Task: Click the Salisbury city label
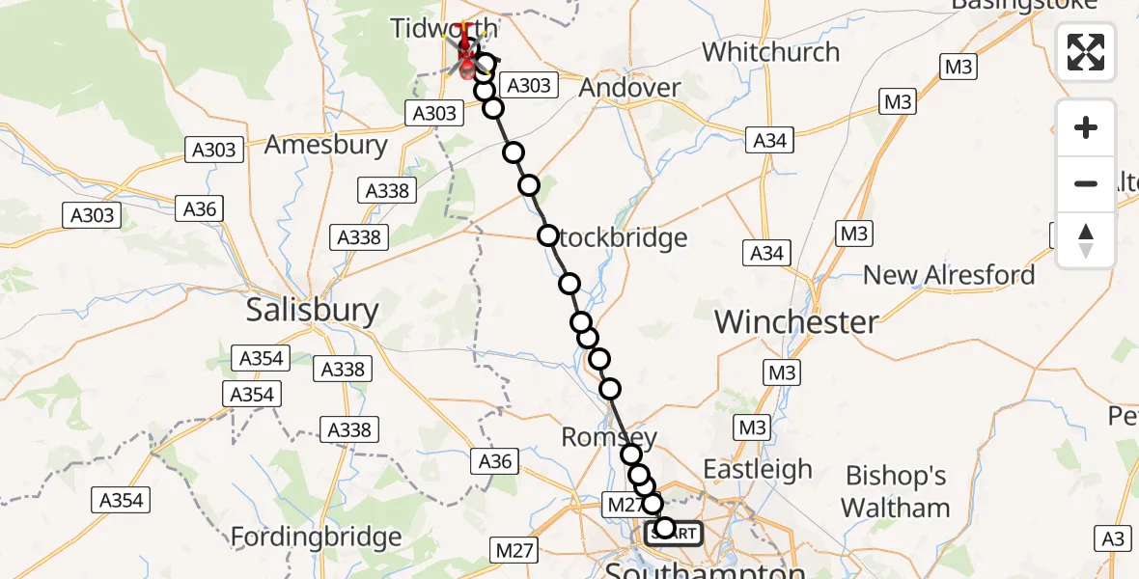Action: (313, 310)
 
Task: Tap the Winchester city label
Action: (796, 321)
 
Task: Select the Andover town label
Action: (629, 88)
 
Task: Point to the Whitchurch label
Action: (770, 51)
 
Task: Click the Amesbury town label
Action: (325, 145)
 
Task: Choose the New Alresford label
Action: (948, 275)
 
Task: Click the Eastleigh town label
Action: (758, 470)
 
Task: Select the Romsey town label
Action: (609, 438)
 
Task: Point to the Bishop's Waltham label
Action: (895, 491)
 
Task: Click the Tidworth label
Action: (444, 28)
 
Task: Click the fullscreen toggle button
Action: (1086, 51)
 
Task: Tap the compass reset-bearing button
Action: (1086, 239)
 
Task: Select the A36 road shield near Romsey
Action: (495, 461)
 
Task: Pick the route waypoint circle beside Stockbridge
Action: (548, 235)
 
